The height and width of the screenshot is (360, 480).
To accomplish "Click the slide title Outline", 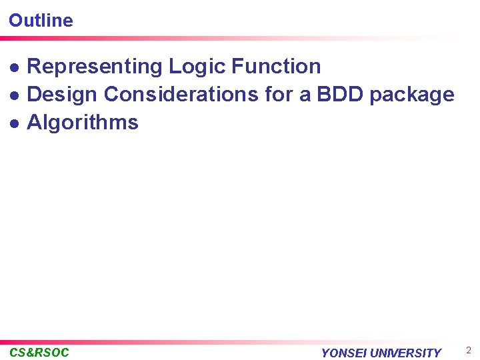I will pos(41,20).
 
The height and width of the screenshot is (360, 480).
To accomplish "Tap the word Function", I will pos(276,67).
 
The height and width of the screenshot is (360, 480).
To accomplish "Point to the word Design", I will pos(63,95).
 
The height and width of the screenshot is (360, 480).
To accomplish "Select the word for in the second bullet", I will pos(279,95).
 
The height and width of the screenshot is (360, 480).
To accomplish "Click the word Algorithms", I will pos(83,123).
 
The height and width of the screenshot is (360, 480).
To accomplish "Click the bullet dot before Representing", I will pos(14,67).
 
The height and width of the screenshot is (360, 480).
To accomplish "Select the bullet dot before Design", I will pos(14,95).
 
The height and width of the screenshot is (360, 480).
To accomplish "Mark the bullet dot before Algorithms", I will pos(14,123).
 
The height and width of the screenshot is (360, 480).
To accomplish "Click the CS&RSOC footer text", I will pos(39,353).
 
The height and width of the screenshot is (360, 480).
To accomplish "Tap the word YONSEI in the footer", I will pos(344,353).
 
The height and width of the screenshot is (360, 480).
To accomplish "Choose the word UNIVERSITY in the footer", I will pos(405,353).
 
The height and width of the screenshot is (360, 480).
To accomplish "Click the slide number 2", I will pos(469,351).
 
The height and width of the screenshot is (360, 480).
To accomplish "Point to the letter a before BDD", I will pos(305,96).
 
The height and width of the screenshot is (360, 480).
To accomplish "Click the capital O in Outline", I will pos(15,20).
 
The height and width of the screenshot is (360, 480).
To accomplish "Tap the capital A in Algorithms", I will pos(34,123).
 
